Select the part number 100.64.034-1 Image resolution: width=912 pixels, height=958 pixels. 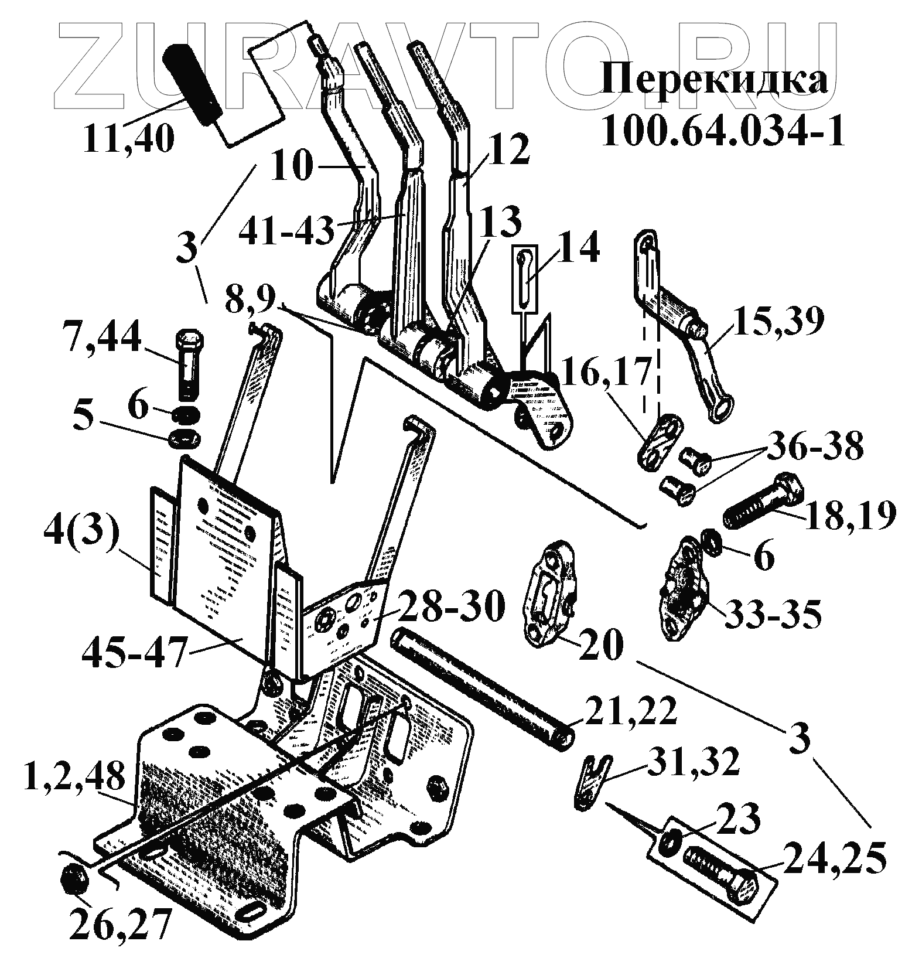tap(723, 131)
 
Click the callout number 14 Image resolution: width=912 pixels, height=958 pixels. tap(579, 247)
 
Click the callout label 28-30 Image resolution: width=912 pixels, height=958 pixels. tap(451, 607)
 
